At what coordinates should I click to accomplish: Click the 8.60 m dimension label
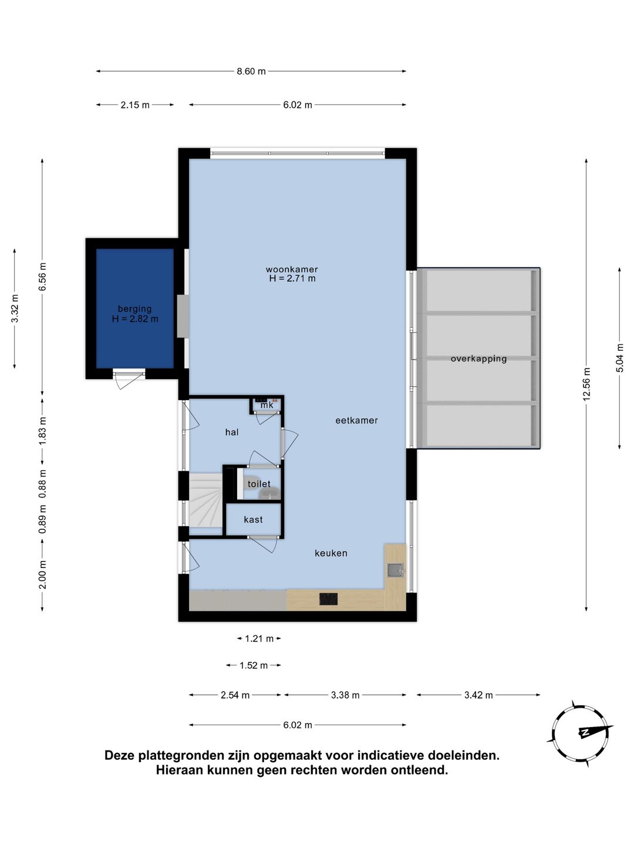pyautogui.click(x=251, y=71)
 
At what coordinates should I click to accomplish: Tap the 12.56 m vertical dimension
pyautogui.click(x=586, y=384)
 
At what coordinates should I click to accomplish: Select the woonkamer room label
pyautogui.click(x=292, y=269)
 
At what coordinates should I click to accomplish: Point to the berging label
pyautogui.click(x=135, y=309)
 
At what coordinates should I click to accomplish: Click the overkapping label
pyautogui.click(x=478, y=359)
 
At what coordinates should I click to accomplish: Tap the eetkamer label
pyautogui.click(x=356, y=420)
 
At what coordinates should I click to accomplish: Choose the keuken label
pyautogui.click(x=331, y=553)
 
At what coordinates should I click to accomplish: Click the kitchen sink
pyautogui.click(x=395, y=570)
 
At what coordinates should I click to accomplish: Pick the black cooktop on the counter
pyautogui.click(x=328, y=599)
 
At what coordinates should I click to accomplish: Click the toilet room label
pyautogui.click(x=259, y=484)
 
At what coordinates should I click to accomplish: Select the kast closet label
pyautogui.click(x=253, y=520)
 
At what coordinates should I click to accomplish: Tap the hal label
pyautogui.click(x=232, y=432)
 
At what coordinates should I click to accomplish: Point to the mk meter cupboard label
pyautogui.click(x=267, y=405)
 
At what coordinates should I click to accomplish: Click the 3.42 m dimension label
pyautogui.click(x=478, y=695)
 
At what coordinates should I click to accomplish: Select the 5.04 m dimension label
pyautogui.click(x=619, y=358)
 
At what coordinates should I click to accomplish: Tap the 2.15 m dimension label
pyautogui.click(x=135, y=104)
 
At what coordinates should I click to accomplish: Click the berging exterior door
pyautogui.click(x=129, y=378)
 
